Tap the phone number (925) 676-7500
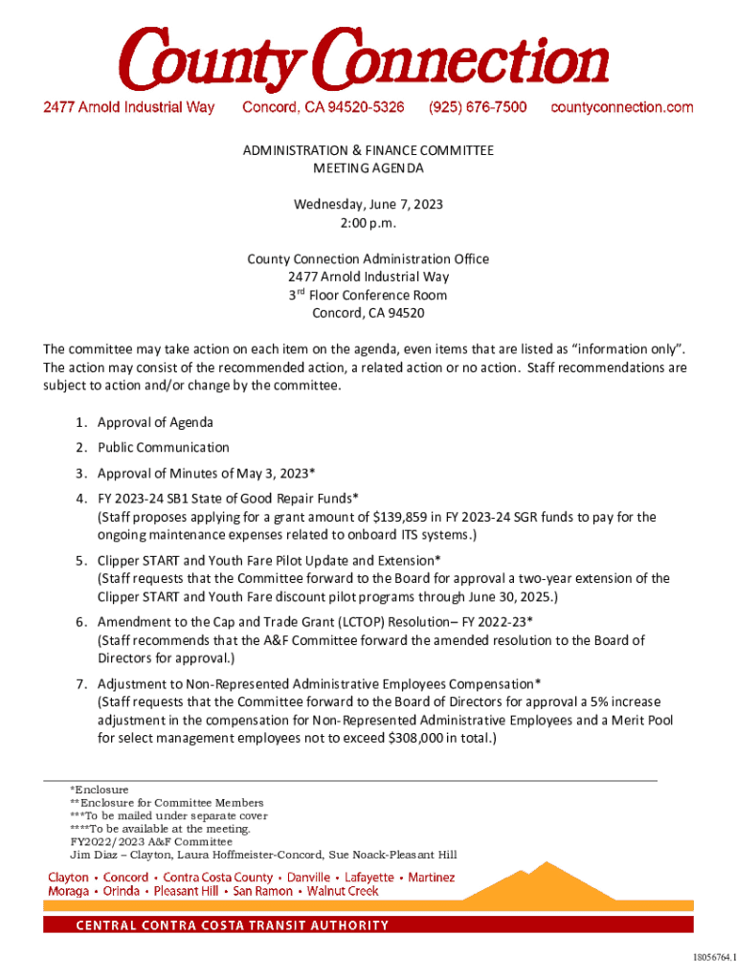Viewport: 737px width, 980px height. point(477,107)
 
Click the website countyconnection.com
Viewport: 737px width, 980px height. point(622,107)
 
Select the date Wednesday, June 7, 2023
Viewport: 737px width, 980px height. point(368,205)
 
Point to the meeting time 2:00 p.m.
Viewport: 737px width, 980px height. point(368,223)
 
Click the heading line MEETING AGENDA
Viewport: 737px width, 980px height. point(368,168)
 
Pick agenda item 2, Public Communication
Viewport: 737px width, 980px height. point(163,447)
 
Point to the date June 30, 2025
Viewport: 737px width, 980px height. point(505,596)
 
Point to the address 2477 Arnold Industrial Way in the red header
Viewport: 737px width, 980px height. point(128,107)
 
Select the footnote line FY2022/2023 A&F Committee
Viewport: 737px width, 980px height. point(138,842)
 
